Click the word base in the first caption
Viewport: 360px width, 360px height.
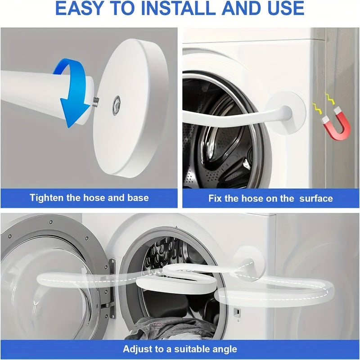137,198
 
